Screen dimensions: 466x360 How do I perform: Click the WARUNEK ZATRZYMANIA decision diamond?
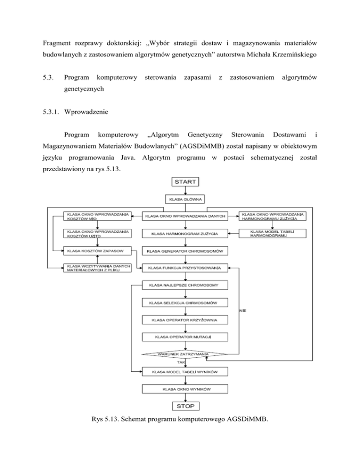pyautogui.click(x=183, y=354)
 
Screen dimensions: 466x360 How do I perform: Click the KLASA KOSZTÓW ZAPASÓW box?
pyautogui.click(x=97, y=251)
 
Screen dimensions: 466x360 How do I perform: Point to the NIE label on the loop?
pyautogui.click(x=242, y=311)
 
